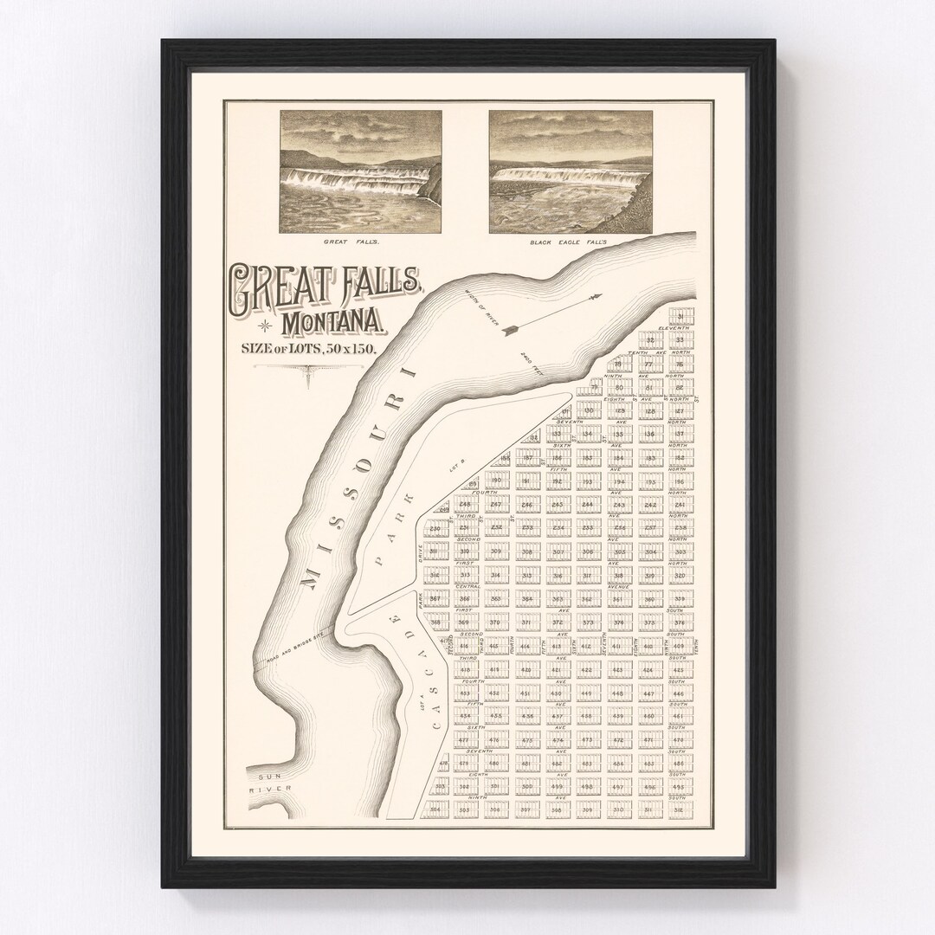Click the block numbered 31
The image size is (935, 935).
682,316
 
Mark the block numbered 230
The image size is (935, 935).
435,528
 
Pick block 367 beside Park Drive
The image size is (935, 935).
435,599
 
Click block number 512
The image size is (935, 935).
680,810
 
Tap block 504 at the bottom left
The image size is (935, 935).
436,810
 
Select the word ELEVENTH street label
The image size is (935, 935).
673,329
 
